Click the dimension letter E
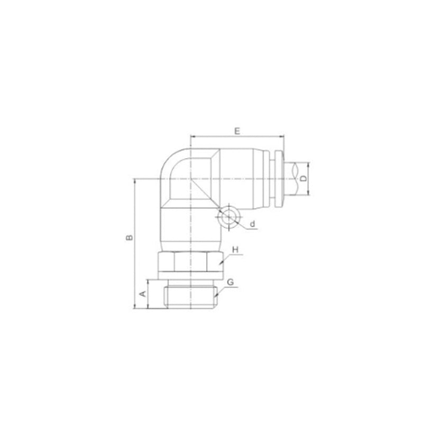[237, 131]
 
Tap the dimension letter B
[130, 237]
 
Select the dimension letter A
[143, 293]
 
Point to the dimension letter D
[304, 178]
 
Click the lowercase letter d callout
[252, 224]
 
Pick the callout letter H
[235, 250]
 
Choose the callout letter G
[230, 282]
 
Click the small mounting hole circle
[229, 217]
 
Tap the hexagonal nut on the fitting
[191, 261]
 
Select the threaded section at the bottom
[191, 297]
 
